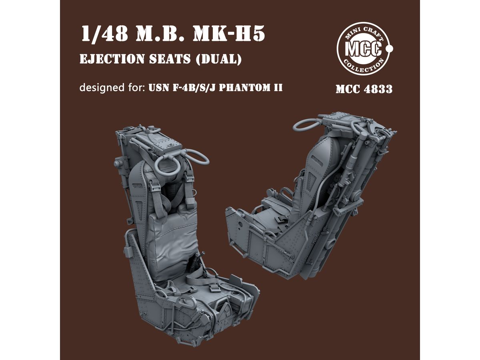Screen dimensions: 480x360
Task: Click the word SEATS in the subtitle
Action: (170, 59)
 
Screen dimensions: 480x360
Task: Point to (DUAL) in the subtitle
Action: (219, 59)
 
